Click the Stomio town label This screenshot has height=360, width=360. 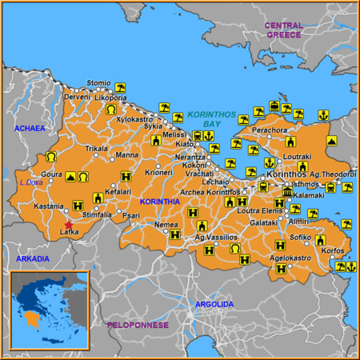pos(98,82)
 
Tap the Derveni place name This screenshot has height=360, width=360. pos(78,97)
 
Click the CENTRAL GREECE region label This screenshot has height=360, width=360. pos(284,30)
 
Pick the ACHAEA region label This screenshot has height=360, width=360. pos(29,128)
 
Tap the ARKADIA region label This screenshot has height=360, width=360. pos(32,258)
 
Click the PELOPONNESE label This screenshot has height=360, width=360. pos(138,325)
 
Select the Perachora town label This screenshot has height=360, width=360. pos(269,129)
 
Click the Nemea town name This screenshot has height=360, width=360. pos(166,225)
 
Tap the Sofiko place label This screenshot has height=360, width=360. pos(300,237)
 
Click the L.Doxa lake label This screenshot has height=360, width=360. pos(30,182)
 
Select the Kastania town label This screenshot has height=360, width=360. pos(48,206)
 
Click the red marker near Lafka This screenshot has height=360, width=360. pos(68,226)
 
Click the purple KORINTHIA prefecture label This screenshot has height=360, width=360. pos(159,202)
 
